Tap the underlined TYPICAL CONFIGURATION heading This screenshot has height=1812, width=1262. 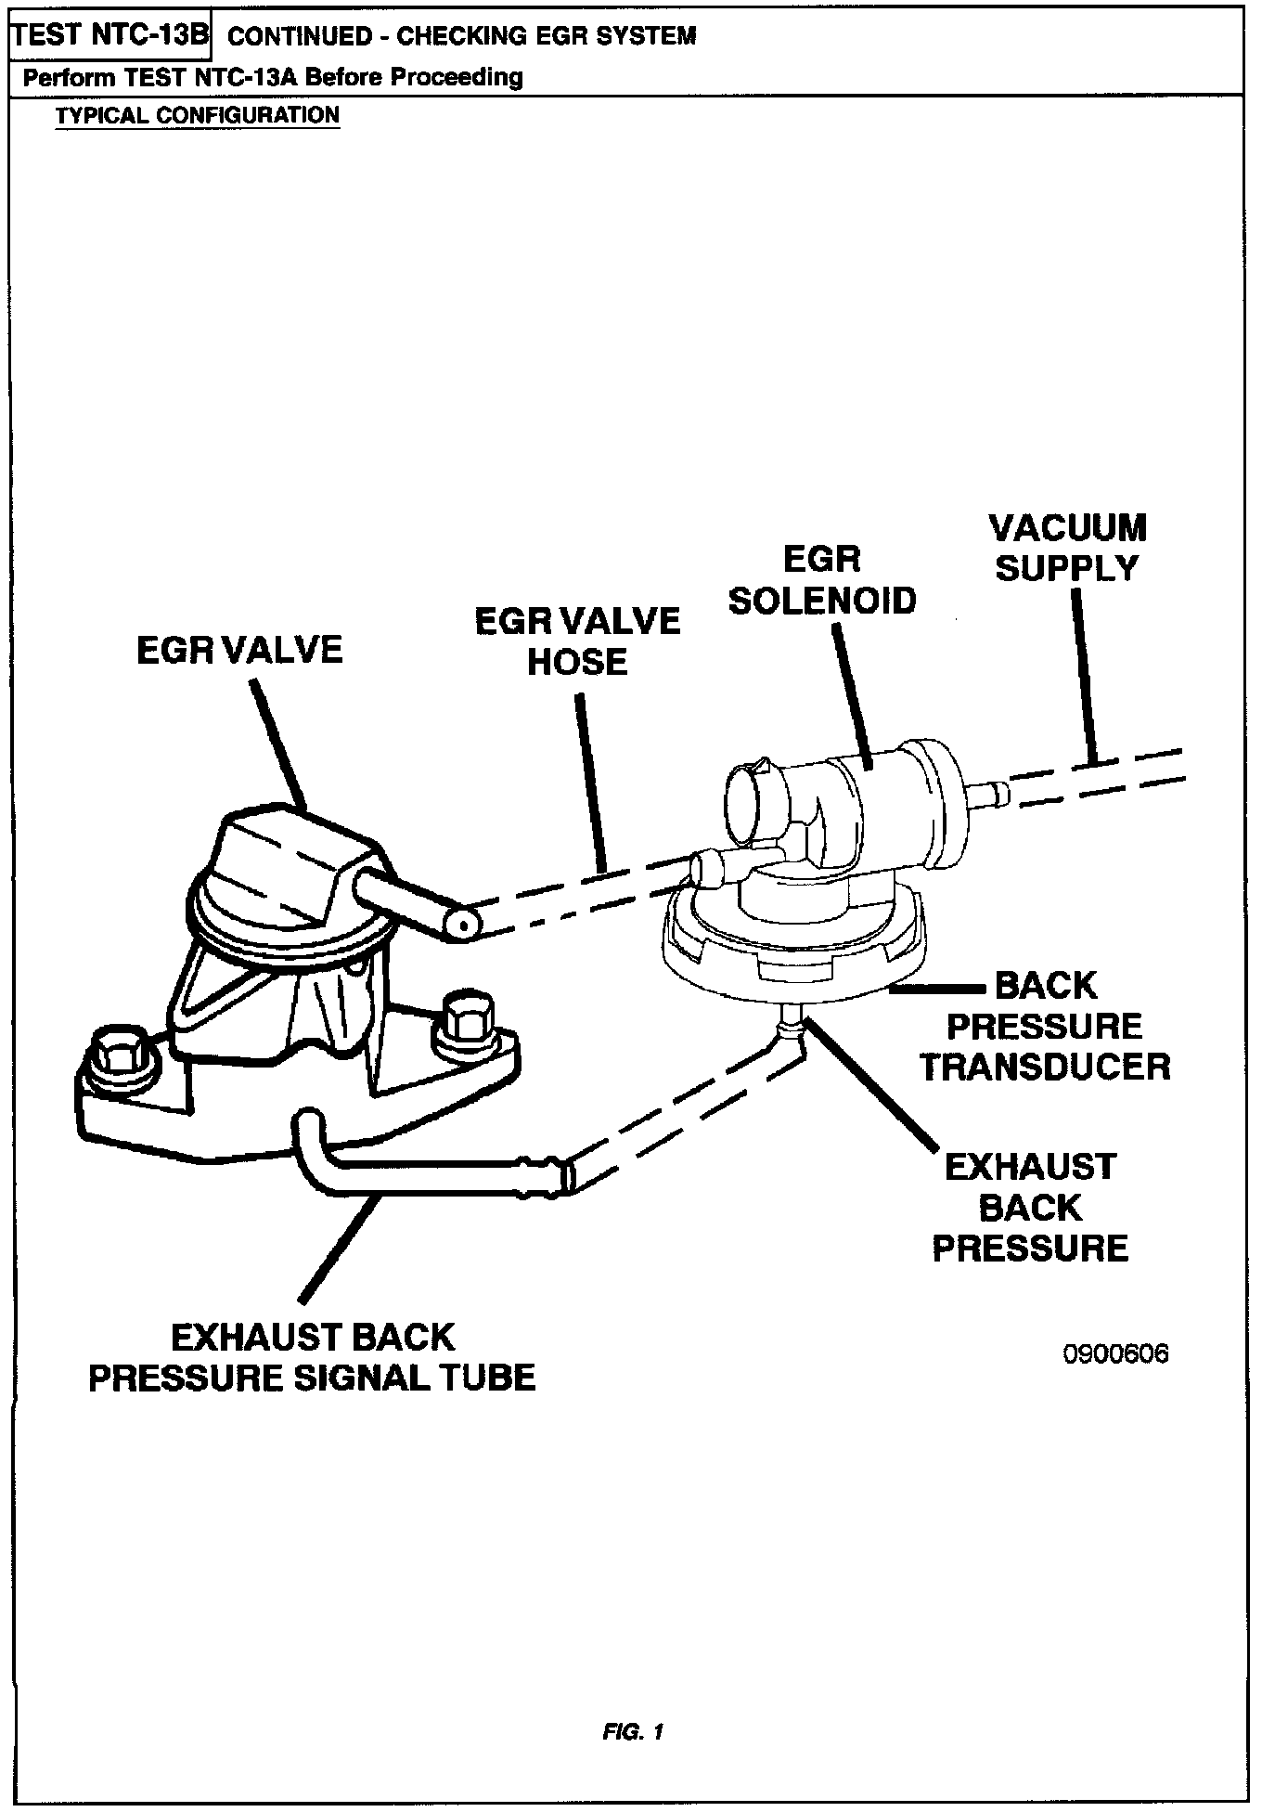click(197, 116)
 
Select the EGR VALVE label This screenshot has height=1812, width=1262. click(239, 650)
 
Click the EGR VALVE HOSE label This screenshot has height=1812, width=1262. click(577, 641)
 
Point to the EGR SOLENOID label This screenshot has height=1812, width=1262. click(822, 580)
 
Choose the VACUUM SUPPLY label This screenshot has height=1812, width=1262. click(1067, 548)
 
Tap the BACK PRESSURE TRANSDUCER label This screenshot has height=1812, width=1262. click(1045, 1026)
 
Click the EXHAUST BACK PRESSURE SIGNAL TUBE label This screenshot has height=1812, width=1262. click(313, 1357)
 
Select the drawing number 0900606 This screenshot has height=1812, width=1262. click(1115, 1354)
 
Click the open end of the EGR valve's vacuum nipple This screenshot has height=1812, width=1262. click(461, 925)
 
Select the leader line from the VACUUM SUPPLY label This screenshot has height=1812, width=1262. click(1084, 678)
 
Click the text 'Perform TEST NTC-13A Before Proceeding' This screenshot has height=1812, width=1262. click(273, 77)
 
